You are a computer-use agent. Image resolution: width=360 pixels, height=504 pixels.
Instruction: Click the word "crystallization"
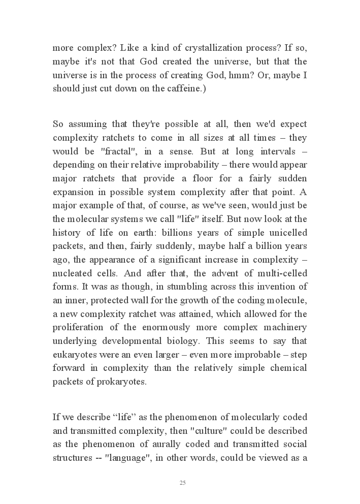tap(184, 50)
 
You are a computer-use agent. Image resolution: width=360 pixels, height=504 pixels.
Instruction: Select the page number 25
tap(183, 483)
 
